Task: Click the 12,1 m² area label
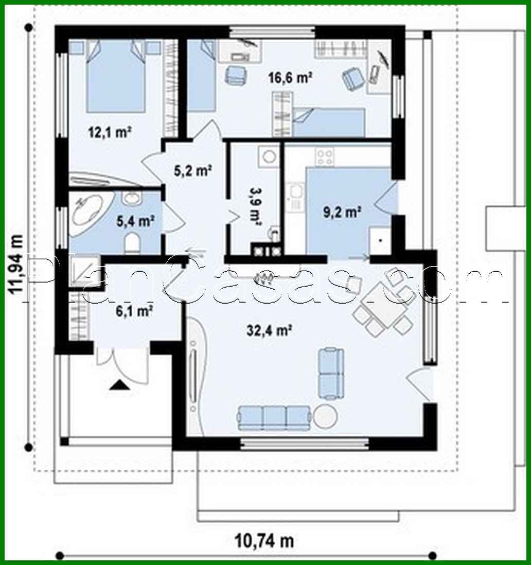109,132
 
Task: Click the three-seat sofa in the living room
274,417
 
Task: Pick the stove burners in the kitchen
325,156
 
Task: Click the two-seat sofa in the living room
330,373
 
